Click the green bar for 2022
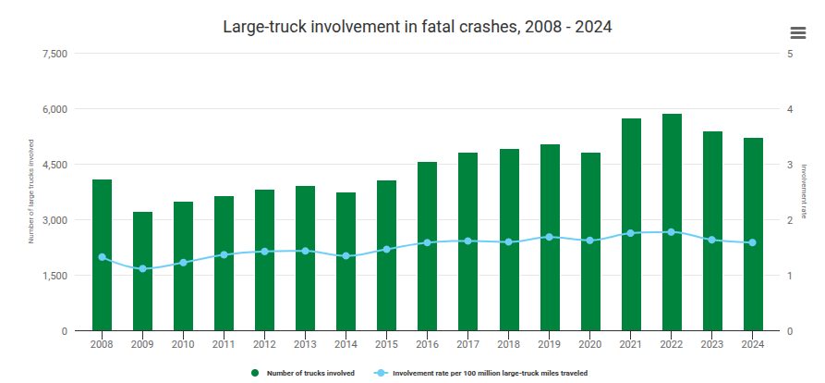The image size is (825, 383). click(x=672, y=222)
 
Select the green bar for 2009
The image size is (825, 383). click(x=142, y=271)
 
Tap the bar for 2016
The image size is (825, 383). click(x=427, y=247)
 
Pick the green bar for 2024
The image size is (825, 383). click(x=753, y=234)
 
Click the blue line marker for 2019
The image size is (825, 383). click(x=550, y=237)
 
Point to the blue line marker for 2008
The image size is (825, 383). click(x=102, y=257)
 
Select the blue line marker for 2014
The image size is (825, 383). click(x=346, y=256)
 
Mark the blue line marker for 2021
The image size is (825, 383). click(x=631, y=233)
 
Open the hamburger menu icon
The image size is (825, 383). click(x=798, y=32)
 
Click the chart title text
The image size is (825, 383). click(x=418, y=27)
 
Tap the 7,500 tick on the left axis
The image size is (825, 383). click(x=55, y=54)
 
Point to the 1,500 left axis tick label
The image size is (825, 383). click(x=55, y=276)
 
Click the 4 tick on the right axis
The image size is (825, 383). click(x=790, y=109)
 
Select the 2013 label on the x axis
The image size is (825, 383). click(x=305, y=344)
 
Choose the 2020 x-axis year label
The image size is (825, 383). click(x=589, y=344)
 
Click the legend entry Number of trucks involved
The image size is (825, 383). click(x=303, y=373)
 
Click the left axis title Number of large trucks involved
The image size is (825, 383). click(x=31, y=191)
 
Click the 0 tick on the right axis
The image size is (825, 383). click(x=790, y=331)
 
